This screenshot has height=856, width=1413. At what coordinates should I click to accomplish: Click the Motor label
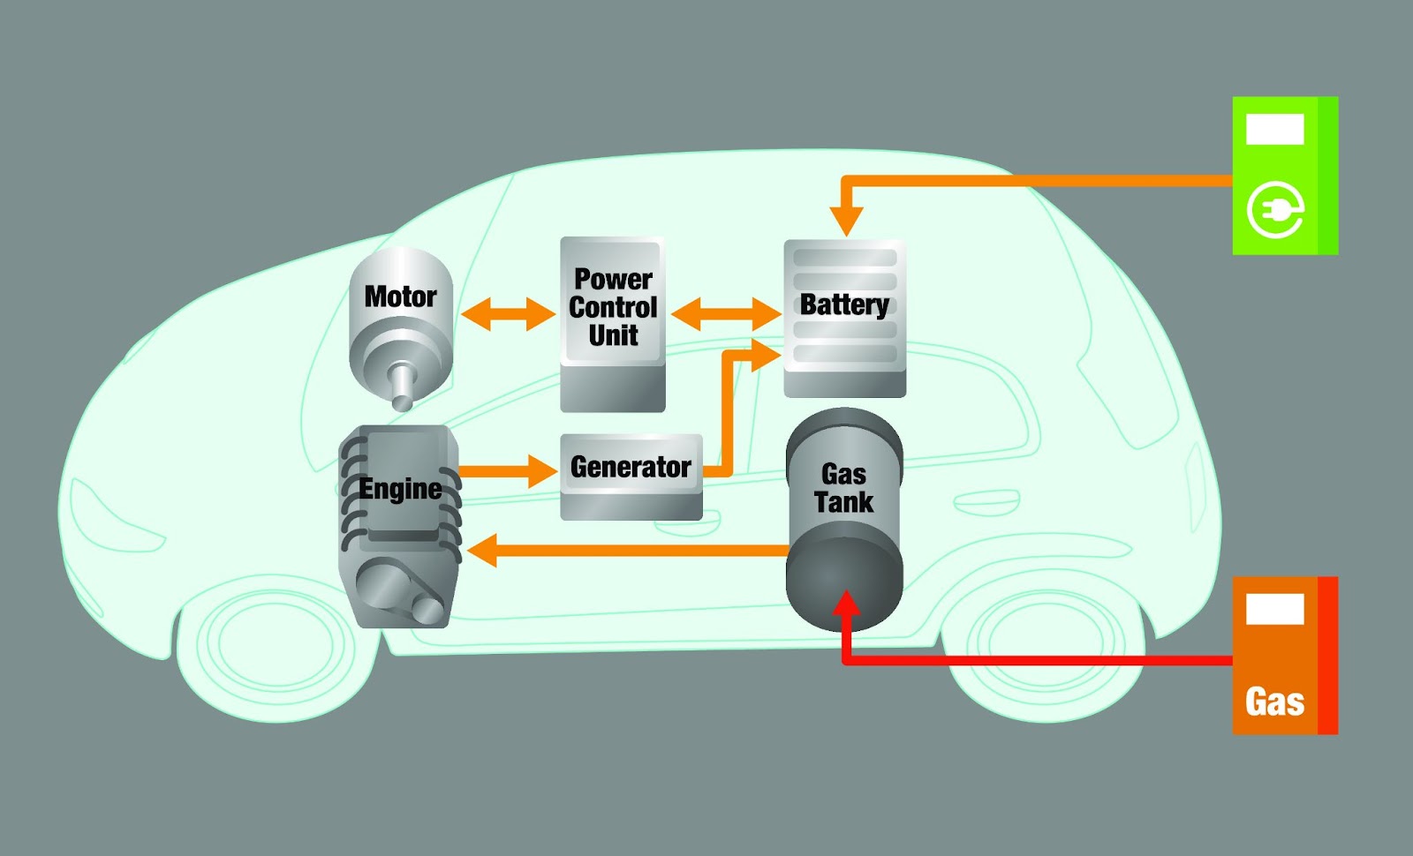coord(400,297)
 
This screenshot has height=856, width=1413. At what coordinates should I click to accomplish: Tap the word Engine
coord(400,489)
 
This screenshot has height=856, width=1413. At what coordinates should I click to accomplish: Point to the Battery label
coord(844,304)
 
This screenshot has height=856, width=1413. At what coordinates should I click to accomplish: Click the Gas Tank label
coord(843,488)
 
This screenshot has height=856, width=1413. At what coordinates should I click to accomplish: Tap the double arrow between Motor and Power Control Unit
coord(508,313)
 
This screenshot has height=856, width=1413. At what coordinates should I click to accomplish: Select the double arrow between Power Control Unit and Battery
coord(725,313)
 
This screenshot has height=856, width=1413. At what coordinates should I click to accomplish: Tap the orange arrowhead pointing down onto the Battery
coord(846,221)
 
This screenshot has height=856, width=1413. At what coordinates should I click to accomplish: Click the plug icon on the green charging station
coord(1275,210)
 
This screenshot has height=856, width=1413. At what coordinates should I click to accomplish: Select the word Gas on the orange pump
coord(1274,702)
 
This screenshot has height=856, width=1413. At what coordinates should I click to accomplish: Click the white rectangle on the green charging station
coord(1274,129)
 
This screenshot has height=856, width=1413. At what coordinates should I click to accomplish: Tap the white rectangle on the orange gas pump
coord(1274,609)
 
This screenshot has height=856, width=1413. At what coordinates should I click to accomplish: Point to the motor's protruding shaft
coord(402,387)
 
